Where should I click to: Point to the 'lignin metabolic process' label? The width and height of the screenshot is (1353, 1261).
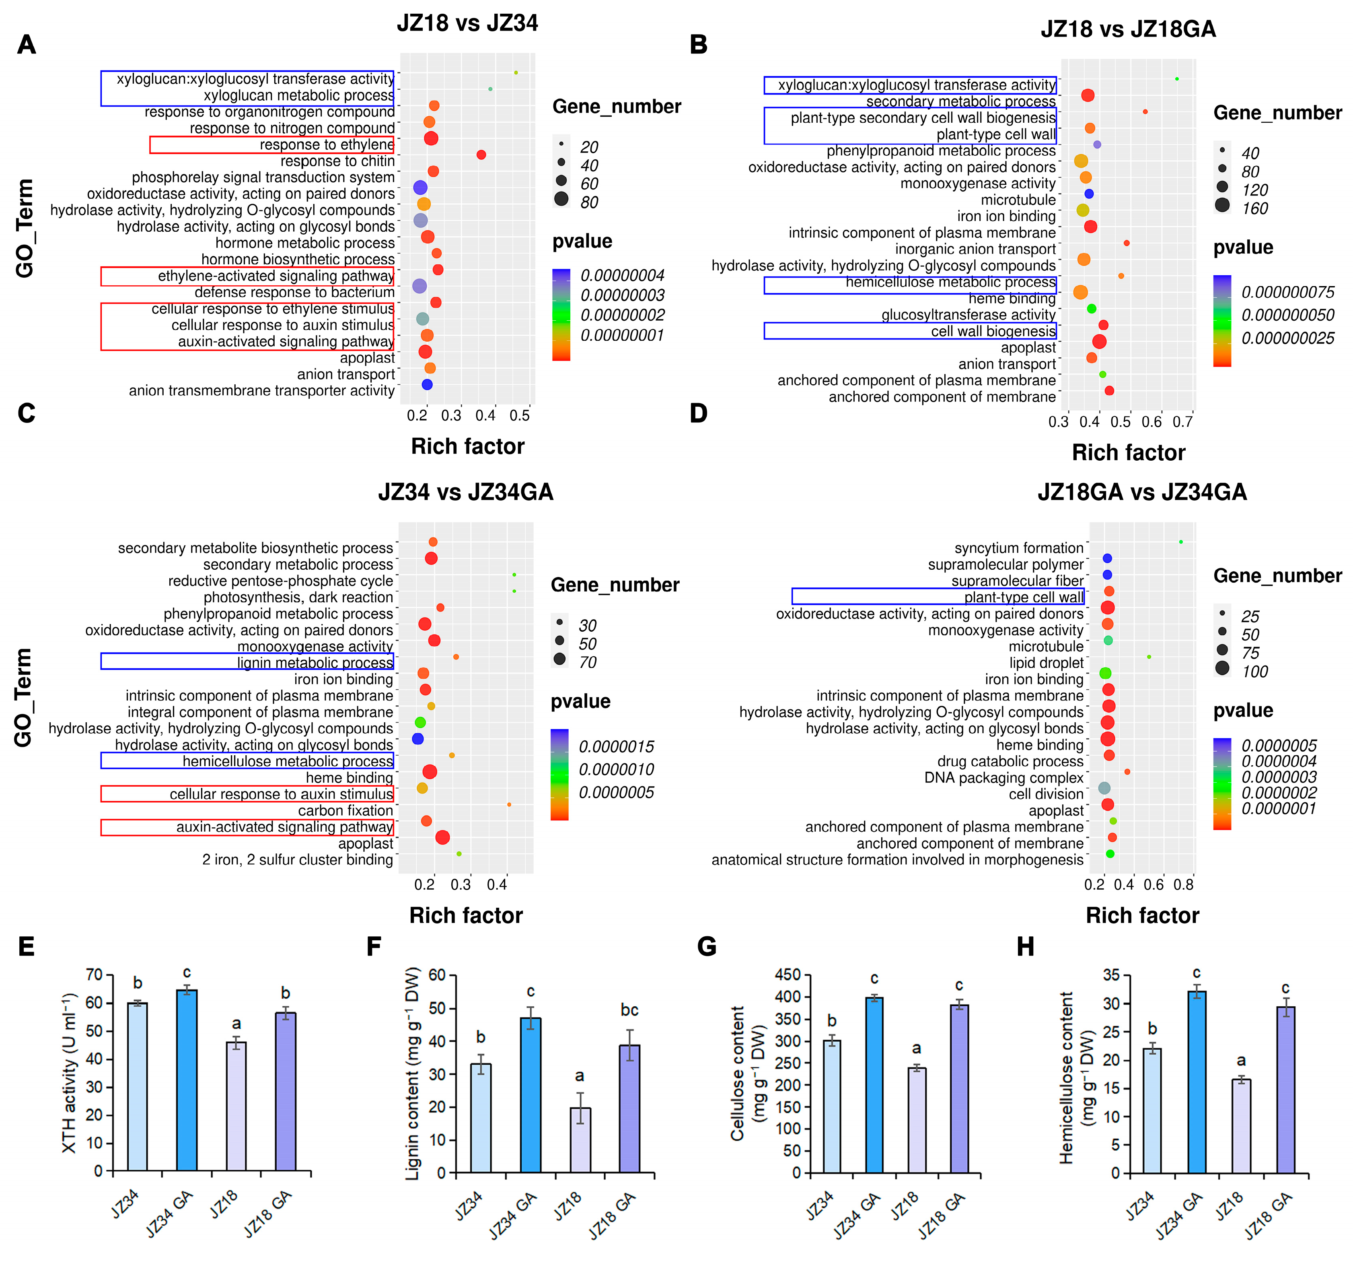[x=315, y=663]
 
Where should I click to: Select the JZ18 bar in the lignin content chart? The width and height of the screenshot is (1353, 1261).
[x=580, y=1140]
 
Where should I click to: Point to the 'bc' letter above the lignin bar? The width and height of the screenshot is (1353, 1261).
[x=629, y=1010]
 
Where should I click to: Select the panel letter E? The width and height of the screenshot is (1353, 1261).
[x=26, y=946]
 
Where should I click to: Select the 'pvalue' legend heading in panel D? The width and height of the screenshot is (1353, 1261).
[x=1243, y=710]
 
